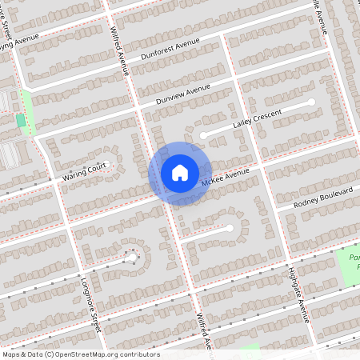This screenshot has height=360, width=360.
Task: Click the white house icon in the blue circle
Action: coord(179,173)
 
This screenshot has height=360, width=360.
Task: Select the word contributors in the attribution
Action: coord(141,354)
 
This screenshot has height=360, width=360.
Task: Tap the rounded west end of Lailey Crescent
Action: coord(204,135)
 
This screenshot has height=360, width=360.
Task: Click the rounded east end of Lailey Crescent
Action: coord(311,103)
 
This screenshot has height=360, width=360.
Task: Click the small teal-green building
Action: coord(20,120)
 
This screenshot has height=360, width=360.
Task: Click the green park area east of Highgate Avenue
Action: coord(352,268)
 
